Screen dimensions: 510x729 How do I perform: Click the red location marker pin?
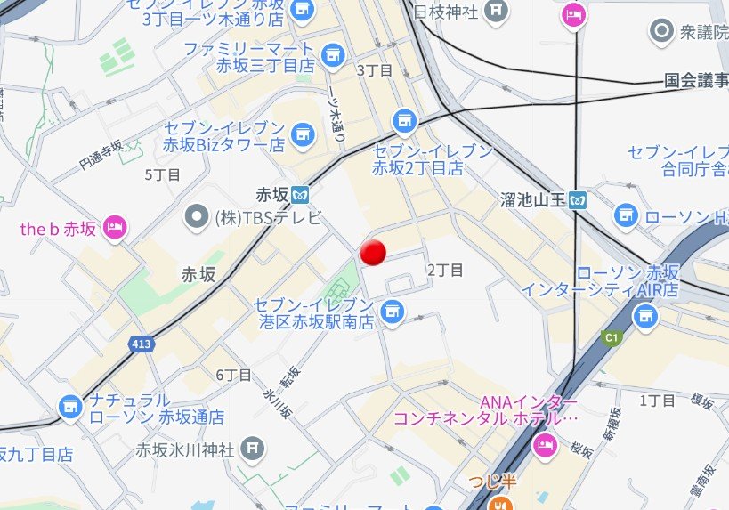tap(374, 253)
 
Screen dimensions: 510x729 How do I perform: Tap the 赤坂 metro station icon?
tap(303, 193)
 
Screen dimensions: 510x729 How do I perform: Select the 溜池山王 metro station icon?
tap(579, 200)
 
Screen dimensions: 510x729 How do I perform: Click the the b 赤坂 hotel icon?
tap(115, 228)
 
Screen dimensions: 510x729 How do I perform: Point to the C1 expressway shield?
tap(611, 337)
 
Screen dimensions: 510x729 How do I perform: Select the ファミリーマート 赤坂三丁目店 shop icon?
tap(333, 55)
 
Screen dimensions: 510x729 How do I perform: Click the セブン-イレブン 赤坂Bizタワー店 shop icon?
tap(304, 134)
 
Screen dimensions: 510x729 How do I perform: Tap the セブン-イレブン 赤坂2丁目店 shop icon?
tap(405, 119)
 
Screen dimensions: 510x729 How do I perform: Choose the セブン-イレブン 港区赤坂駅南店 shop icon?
tap(391, 312)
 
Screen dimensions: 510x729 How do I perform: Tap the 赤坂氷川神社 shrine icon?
tap(253, 448)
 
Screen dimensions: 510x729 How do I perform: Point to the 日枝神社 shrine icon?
tap(497, 12)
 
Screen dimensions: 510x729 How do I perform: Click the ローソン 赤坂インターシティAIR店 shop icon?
tap(645, 314)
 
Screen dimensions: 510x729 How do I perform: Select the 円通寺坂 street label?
tap(100, 153)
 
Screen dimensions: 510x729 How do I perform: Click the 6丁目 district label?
tap(234, 375)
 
